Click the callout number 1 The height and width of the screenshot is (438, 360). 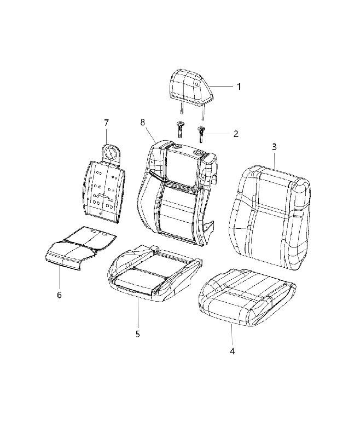pyautogui.click(x=239, y=87)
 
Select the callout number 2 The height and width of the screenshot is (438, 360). pyautogui.click(x=236, y=134)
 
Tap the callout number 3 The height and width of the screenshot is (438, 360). pyautogui.click(x=274, y=147)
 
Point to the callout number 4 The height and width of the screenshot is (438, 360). pyautogui.click(x=232, y=351)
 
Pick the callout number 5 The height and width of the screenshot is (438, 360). pyautogui.click(x=138, y=334)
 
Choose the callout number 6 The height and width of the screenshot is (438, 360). pyautogui.click(x=59, y=295)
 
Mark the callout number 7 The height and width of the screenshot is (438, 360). pyautogui.click(x=106, y=123)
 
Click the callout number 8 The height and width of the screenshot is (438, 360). pyautogui.click(x=143, y=122)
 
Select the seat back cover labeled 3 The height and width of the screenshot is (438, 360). pyautogui.click(x=270, y=218)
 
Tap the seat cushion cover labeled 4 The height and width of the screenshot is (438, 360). pyautogui.click(x=246, y=297)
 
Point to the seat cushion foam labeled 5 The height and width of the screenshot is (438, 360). pyautogui.click(x=154, y=274)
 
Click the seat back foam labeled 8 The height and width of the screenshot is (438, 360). pyautogui.click(x=177, y=193)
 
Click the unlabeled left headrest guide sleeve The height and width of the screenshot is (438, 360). pyautogui.click(x=181, y=129)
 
